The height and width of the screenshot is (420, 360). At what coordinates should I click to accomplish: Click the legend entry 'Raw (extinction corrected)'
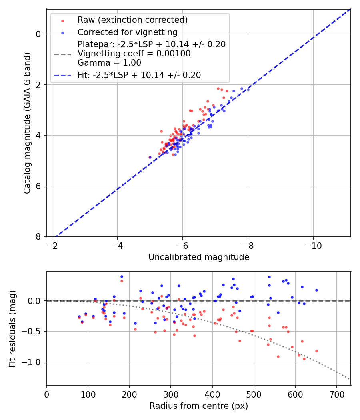(x=132, y=20)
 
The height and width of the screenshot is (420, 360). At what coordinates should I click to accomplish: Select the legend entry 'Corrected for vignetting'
(x=127, y=32)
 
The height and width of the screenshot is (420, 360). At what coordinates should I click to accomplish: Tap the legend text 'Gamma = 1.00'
(x=109, y=62)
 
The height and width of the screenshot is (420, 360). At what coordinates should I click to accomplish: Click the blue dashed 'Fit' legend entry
(x=139, y=75)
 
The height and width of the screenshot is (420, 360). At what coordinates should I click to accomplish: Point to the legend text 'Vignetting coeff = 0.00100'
(x=134, y=54)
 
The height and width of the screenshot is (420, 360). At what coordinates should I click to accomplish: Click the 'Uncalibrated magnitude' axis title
(x=199, y=257)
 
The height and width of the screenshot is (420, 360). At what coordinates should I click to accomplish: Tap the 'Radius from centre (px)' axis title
(x=199, y=406)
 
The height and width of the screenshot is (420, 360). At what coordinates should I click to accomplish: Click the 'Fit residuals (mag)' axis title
(x=12, y=328)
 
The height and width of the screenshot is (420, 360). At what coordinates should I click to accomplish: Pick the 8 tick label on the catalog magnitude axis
(x=39, y=237)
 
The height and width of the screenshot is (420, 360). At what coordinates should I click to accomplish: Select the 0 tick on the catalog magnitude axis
(x=39, y=34)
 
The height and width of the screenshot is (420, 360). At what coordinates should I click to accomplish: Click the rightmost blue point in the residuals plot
(x=316, y=290)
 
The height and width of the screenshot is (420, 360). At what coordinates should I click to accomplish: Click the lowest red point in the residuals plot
(x=304, y=359)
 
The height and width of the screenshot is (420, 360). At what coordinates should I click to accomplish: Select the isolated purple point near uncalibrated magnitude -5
(x=150, y=157)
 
